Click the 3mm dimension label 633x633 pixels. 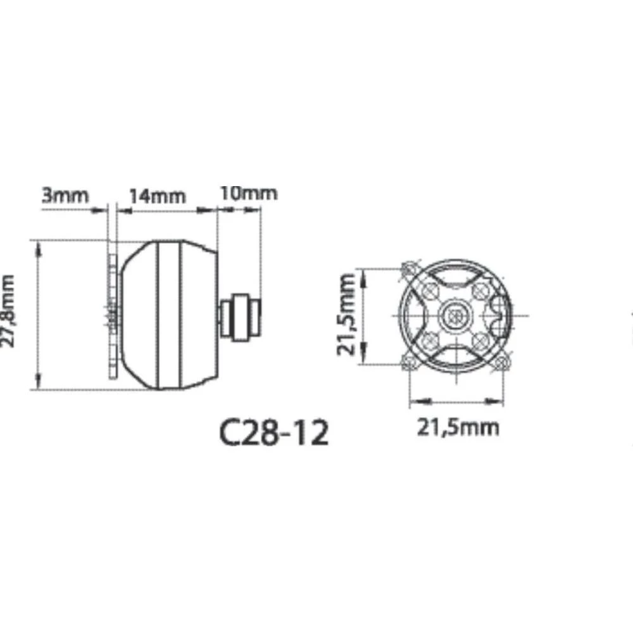tap(65, 195)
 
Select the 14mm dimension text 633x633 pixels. tap(158, 195)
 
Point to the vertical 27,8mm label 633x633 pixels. tap(8, 311)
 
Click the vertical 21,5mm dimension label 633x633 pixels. tap(346, 315)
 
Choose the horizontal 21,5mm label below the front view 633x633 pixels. tap(457, 427)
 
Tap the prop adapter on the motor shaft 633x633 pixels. tap(240, 315)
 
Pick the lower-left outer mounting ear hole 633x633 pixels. tap(410, 362)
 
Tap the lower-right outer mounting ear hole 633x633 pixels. tap(503, 362)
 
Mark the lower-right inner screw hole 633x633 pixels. tap(480, 339)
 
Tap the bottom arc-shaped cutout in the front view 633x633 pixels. tap(456, 358)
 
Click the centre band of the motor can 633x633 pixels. tap(170, 315)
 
